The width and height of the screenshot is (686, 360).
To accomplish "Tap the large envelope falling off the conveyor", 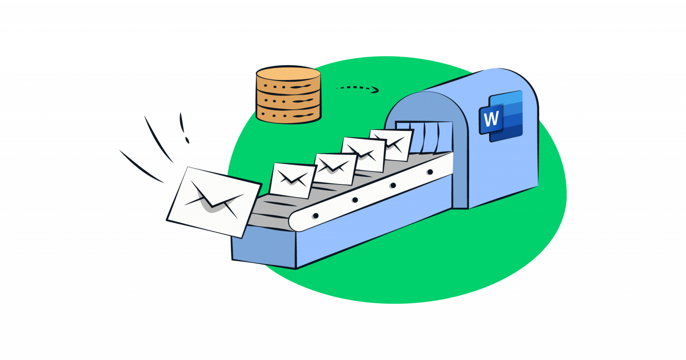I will point(213,201).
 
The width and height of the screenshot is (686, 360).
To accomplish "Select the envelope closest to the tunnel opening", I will point(392,144).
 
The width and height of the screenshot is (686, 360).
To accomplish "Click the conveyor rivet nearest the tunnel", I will point(430,172).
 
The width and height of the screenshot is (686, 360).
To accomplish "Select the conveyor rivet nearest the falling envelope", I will point(315,216).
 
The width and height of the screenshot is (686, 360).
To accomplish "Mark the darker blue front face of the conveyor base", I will point(264,250).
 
